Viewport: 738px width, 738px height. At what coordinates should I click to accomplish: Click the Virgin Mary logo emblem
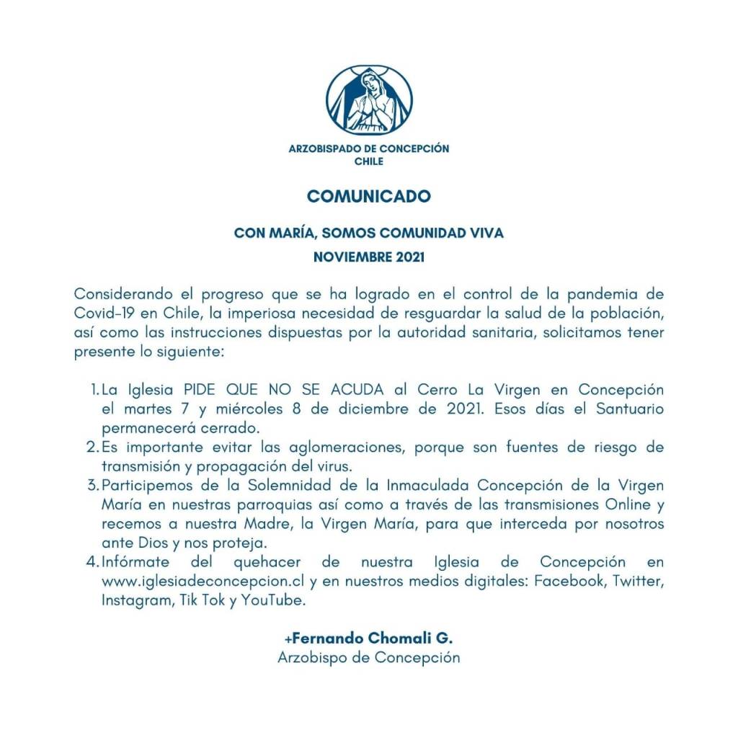click(369, 100)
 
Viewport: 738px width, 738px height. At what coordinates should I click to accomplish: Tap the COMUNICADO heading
click(369, 196)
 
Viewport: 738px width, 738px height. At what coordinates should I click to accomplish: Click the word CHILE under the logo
click(369, 161)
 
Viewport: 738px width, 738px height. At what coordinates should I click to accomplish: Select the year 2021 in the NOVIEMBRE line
click(409, 256)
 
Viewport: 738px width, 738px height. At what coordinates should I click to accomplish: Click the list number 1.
click(94, 390)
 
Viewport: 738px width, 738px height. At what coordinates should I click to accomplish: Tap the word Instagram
click(134, 599)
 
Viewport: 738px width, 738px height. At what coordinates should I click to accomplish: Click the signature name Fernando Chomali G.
click(369, 639)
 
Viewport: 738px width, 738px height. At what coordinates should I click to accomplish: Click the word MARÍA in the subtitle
click(288, 234)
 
